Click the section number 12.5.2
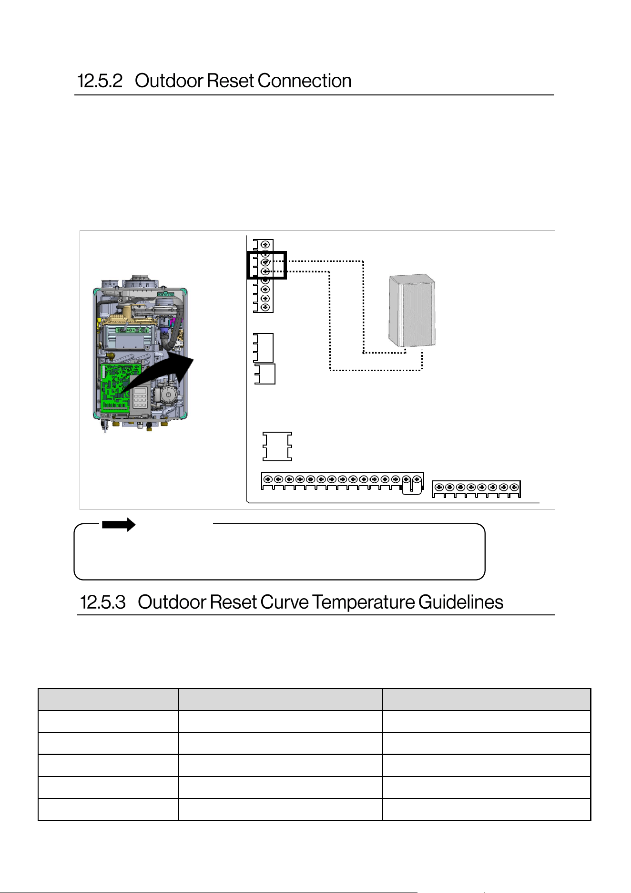100,81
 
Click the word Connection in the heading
305,81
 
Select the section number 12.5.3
103,602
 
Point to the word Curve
285,602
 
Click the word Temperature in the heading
364,602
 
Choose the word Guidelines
461,602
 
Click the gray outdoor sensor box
412,311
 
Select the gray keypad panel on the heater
140,397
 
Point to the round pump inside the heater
167,395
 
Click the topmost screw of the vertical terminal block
265,245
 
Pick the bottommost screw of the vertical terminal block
265,308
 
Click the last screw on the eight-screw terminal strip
514,487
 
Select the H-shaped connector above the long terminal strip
277,446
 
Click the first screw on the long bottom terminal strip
268,479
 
